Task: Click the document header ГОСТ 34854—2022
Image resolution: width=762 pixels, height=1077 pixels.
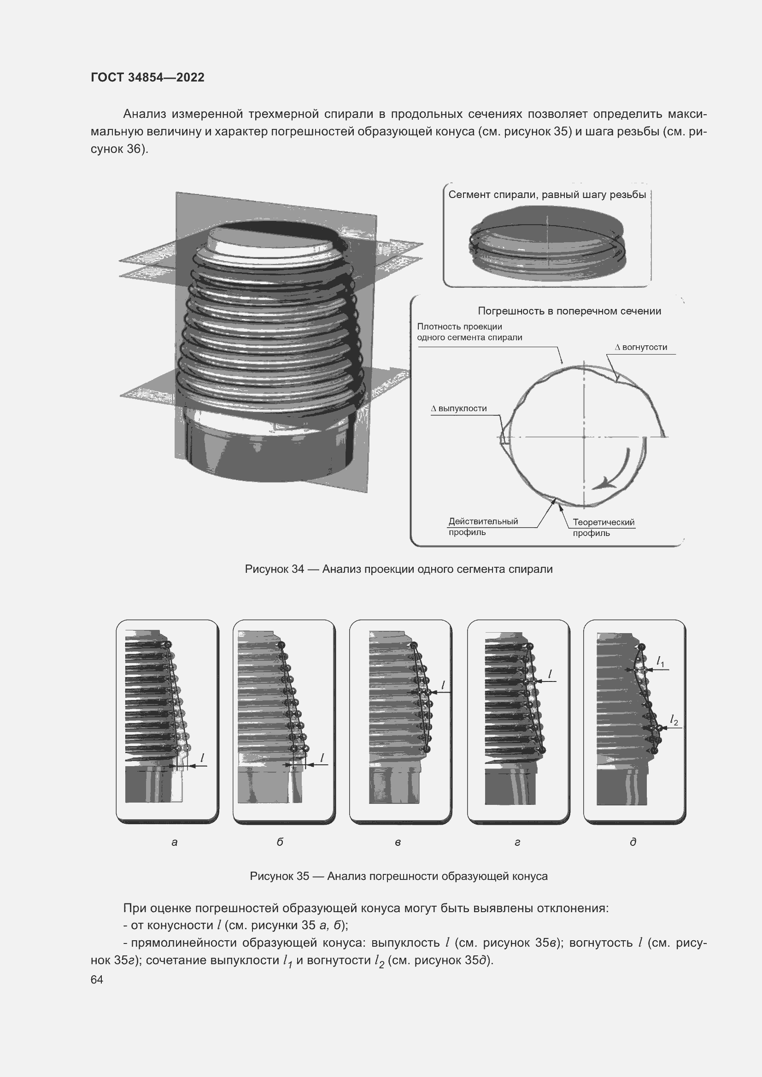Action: [147, 77]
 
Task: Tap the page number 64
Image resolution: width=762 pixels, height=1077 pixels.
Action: [97, 979]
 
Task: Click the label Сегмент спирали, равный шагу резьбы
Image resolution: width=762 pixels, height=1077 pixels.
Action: [547, 195]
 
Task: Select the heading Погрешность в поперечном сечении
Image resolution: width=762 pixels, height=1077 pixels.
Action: [569, 311]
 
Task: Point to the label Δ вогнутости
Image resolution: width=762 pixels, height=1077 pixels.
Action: [641, 347]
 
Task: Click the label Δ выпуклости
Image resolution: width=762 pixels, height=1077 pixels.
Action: [459, 408]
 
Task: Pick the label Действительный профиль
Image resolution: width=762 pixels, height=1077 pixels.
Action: [483, 527]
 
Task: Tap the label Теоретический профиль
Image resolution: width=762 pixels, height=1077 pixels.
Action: [604, 528]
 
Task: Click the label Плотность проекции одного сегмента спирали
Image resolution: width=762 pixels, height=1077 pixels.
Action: [469, 332]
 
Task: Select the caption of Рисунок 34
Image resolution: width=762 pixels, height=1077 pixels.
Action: [399, 569]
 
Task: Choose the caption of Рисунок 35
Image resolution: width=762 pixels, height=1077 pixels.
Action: [399, 876]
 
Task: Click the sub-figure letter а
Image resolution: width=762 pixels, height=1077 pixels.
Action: [175, 843]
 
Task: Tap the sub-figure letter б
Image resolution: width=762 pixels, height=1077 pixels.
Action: [280, 842]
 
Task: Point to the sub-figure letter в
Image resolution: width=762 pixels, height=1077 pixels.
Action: [398, 843]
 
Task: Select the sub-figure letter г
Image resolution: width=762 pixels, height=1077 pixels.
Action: [517, 843]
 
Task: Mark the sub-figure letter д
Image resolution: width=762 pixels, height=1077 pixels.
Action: [633, 842]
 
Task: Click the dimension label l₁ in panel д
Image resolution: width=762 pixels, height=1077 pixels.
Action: [660, 662]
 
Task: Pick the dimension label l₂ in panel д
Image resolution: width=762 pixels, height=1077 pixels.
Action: [674, 720]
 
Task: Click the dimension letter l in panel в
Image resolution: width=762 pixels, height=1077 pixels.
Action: [443, 685]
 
